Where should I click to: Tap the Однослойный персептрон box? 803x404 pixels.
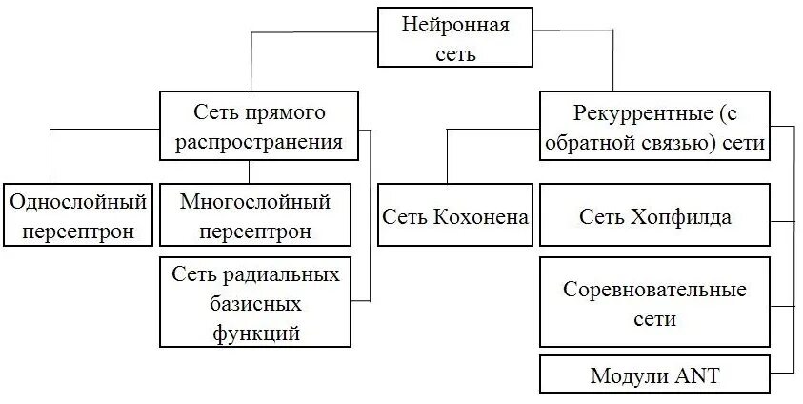[x=77, y=215]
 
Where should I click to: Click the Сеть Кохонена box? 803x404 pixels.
[x=455, y=215]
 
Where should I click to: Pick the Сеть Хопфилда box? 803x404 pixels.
[x=654, y=216]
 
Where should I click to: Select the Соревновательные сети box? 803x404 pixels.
[x=654, y=304]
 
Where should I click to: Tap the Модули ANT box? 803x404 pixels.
[x=654, y=374]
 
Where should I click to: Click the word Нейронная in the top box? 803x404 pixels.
[x=456, y=25]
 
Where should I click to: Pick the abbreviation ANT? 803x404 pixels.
[x=697, y=374]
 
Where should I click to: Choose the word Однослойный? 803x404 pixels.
[x=77, y=202]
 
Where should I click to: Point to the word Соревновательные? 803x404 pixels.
[x=654, y=290]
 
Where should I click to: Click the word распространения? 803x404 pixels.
[x=260, y=143]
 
